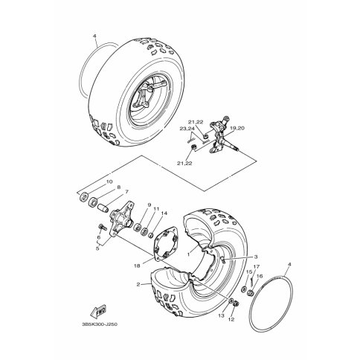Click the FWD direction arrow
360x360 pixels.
tap(98, 312)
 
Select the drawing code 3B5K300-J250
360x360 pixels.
tap(100, 324)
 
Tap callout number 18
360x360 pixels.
tap(137, 266)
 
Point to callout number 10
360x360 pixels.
tap(109, 181)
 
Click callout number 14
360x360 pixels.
tap(164, 213)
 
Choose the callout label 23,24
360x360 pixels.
tap(187, 129)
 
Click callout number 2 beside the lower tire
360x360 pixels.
tap(138, 284)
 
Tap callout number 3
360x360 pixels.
tap(256, 257)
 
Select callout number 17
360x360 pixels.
tap(256, 266)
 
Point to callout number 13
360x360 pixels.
tap(221, 315)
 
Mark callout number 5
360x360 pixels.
tap(97, 248)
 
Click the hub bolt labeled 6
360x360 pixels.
tap(102, 227)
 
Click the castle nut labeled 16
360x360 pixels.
tap(251, 293)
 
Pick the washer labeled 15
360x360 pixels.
tap(244, 289)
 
